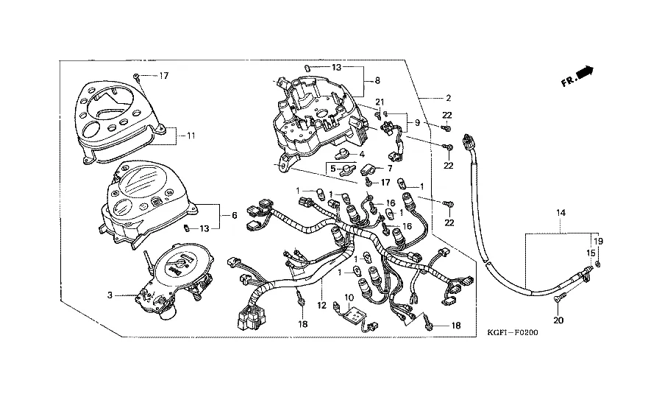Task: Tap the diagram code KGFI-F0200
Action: point(513,333)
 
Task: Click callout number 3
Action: point(110,295)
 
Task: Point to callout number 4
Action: point(362,154)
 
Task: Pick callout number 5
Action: point(332,168)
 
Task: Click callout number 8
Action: point(377,80)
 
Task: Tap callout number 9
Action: point(417,122)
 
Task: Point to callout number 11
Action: point(191,136)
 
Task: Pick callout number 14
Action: point(561,212)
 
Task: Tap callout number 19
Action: point(598,241)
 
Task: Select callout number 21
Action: point(380,102)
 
